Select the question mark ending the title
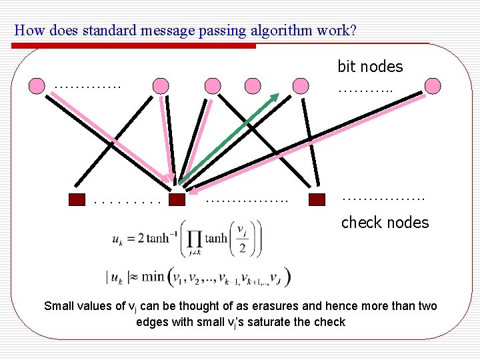click(x=352, y=31)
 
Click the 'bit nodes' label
click(x=370, y=67)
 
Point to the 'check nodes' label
click(x=385, y=223)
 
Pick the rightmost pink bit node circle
click(x=433, y=85)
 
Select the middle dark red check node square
click(x=177, y=199)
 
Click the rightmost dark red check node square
click(x=317, y=199)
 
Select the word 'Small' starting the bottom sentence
click(x=59, y=307)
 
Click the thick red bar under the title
click(x=133, y=46)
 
